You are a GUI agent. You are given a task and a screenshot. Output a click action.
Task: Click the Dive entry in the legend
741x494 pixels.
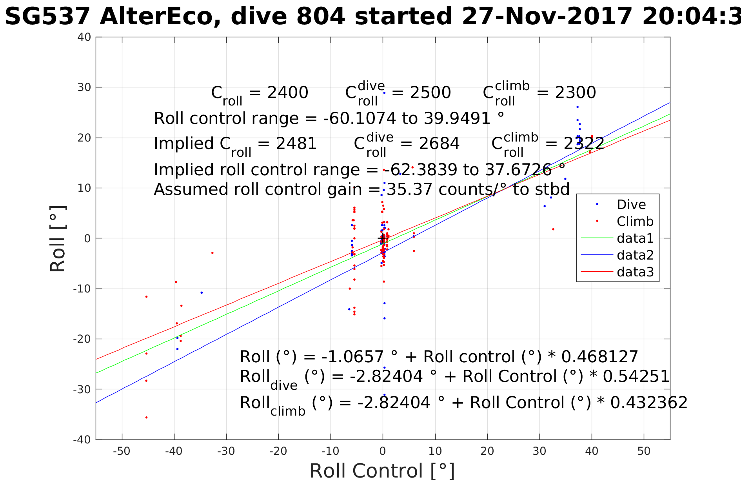point(631,205)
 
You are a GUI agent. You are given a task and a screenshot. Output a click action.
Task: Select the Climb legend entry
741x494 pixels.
point(635,222)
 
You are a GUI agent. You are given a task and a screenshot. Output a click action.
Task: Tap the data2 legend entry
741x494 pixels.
point(635,255)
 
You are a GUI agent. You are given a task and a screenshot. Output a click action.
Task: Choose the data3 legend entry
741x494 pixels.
point(635,272)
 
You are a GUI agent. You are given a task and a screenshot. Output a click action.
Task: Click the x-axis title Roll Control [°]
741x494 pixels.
point(382,471)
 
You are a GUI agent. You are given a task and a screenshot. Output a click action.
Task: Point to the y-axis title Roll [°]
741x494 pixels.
point(58,238)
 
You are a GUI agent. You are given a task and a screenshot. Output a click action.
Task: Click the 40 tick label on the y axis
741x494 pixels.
point(84,37)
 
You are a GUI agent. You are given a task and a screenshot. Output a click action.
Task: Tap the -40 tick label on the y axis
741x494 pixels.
point(82,440)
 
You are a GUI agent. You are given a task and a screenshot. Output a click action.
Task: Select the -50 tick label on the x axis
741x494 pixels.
point(122,451)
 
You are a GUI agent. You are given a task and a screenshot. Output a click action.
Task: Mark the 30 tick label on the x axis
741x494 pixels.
point(539,451)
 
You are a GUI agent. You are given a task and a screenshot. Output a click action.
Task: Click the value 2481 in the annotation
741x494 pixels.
point(296,144)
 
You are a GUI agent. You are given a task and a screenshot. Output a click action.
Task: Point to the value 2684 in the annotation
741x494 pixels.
point(439,144)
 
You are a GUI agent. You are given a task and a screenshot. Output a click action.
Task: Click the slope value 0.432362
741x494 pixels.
point(649,403)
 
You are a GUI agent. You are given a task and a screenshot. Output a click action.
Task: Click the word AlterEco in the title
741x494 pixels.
point(160,17)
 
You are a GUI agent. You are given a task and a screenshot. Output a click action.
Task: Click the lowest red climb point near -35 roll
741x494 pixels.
point(147,418)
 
